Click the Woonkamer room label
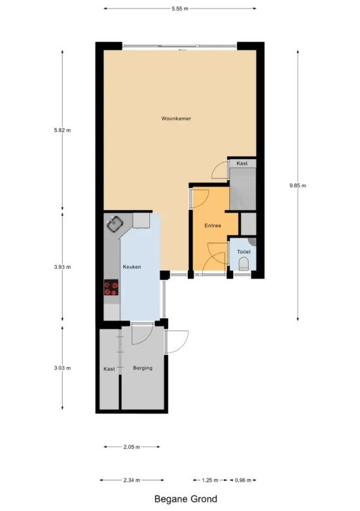click(x=176, y=118)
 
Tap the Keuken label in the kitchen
click(x=132, y=266)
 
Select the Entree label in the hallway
click(x=213, y=225)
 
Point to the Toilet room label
click(x=243, y=252)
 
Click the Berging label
click(x=143, y=368)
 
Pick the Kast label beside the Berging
click(x=109, y=369)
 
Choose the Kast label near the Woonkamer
click(x=242, y=164)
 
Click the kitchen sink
click(x=115, y=223)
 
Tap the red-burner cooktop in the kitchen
click(x=111, y=287)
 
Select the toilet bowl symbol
click(x=243, y=264)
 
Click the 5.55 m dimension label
click(x=180, y=9)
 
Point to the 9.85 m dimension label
click(x=298, y=185)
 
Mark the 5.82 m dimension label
click(x=62, y=130)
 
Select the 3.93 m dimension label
click(x=62, y=267)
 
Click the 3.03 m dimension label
click(x=62, y=368)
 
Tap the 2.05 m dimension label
click(x=132, y=447)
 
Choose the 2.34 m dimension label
click(x=132, y=480)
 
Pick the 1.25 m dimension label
click(x=210, y=480)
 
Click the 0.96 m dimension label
click(x=243, y=480)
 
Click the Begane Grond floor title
click(x=185, y=499)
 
